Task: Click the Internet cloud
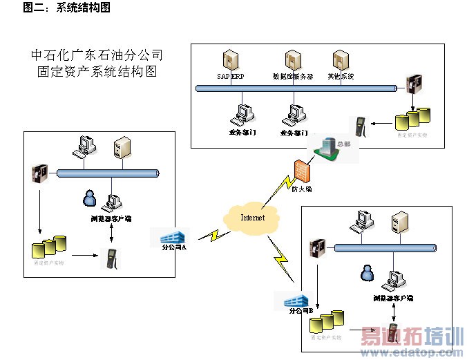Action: [251, 218]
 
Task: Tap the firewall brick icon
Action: [302, 170]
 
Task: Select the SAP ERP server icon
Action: [230, 60]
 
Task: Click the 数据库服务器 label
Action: [293, 76]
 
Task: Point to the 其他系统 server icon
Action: [340, 60]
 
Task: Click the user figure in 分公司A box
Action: [88, 198]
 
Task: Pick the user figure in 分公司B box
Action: [366, 274]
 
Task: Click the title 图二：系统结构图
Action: [66, 7]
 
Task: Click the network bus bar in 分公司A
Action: [108, 173]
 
